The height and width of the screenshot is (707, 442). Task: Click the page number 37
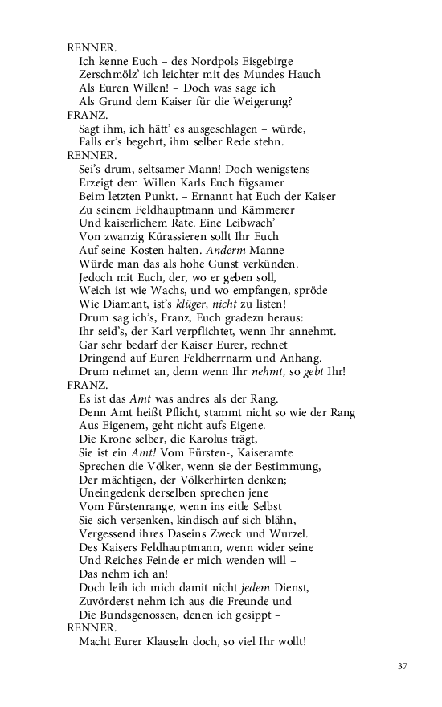(x=403, y=665)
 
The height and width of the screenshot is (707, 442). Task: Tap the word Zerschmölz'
(x=110, y=75)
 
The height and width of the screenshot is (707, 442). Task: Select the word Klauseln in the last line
(x=178, y=641)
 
